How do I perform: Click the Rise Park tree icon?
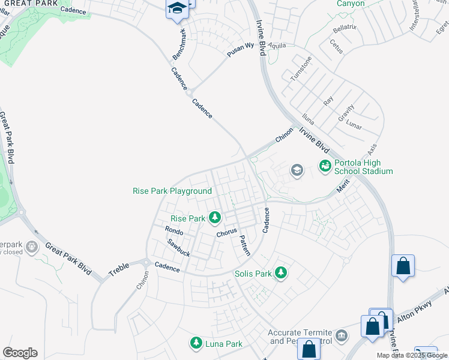214,218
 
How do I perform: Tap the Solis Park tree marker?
281,274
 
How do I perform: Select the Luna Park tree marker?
196,344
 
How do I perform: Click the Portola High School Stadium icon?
325,166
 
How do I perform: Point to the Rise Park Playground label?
172,191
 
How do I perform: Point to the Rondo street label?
173,230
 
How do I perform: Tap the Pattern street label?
245,244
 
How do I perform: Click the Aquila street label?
277,46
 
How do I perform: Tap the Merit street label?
343,187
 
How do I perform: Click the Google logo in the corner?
20,353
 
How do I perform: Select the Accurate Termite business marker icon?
342,334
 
